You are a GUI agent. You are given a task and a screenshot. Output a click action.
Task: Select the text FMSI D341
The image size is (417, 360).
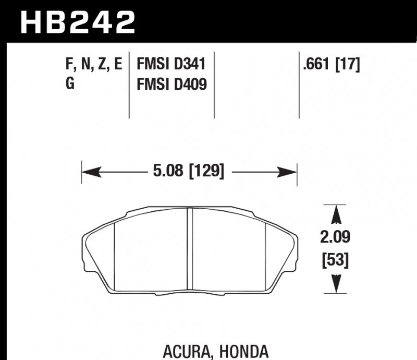point(171,65)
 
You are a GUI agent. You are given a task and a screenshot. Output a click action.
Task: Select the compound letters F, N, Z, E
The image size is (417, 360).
point(94,65)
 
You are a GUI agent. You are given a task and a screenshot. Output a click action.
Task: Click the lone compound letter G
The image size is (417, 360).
point(70,83)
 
